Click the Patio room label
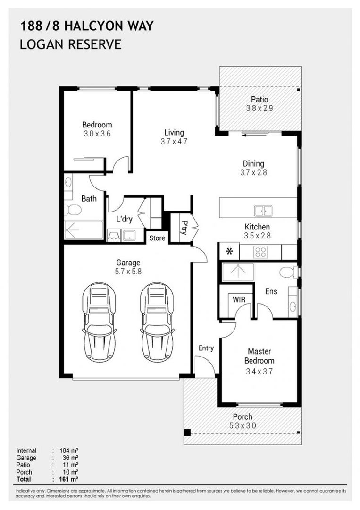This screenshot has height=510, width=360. (260, 100)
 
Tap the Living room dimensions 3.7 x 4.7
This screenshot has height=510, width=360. (174, 141)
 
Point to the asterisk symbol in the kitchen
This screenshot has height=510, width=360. (230, 252)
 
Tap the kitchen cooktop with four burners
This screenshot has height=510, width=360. (261, 252)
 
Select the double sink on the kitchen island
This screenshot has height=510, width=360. (262, 211)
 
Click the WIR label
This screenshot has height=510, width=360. (237, 299)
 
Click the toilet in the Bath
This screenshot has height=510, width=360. (73, 210)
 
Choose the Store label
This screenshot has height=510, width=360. (157, 238)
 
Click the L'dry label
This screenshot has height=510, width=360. (124, 219)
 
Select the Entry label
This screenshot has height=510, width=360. (206, 348)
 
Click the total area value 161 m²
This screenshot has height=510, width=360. (69, 479)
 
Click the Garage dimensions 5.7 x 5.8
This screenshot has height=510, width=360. (128, 272)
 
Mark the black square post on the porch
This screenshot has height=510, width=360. (187, 432)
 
